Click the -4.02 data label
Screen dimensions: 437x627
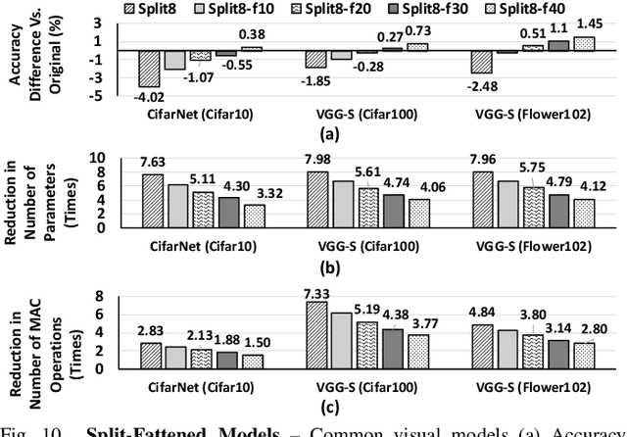150,95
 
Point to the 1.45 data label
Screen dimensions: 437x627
591,23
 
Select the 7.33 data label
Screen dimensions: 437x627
315,292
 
